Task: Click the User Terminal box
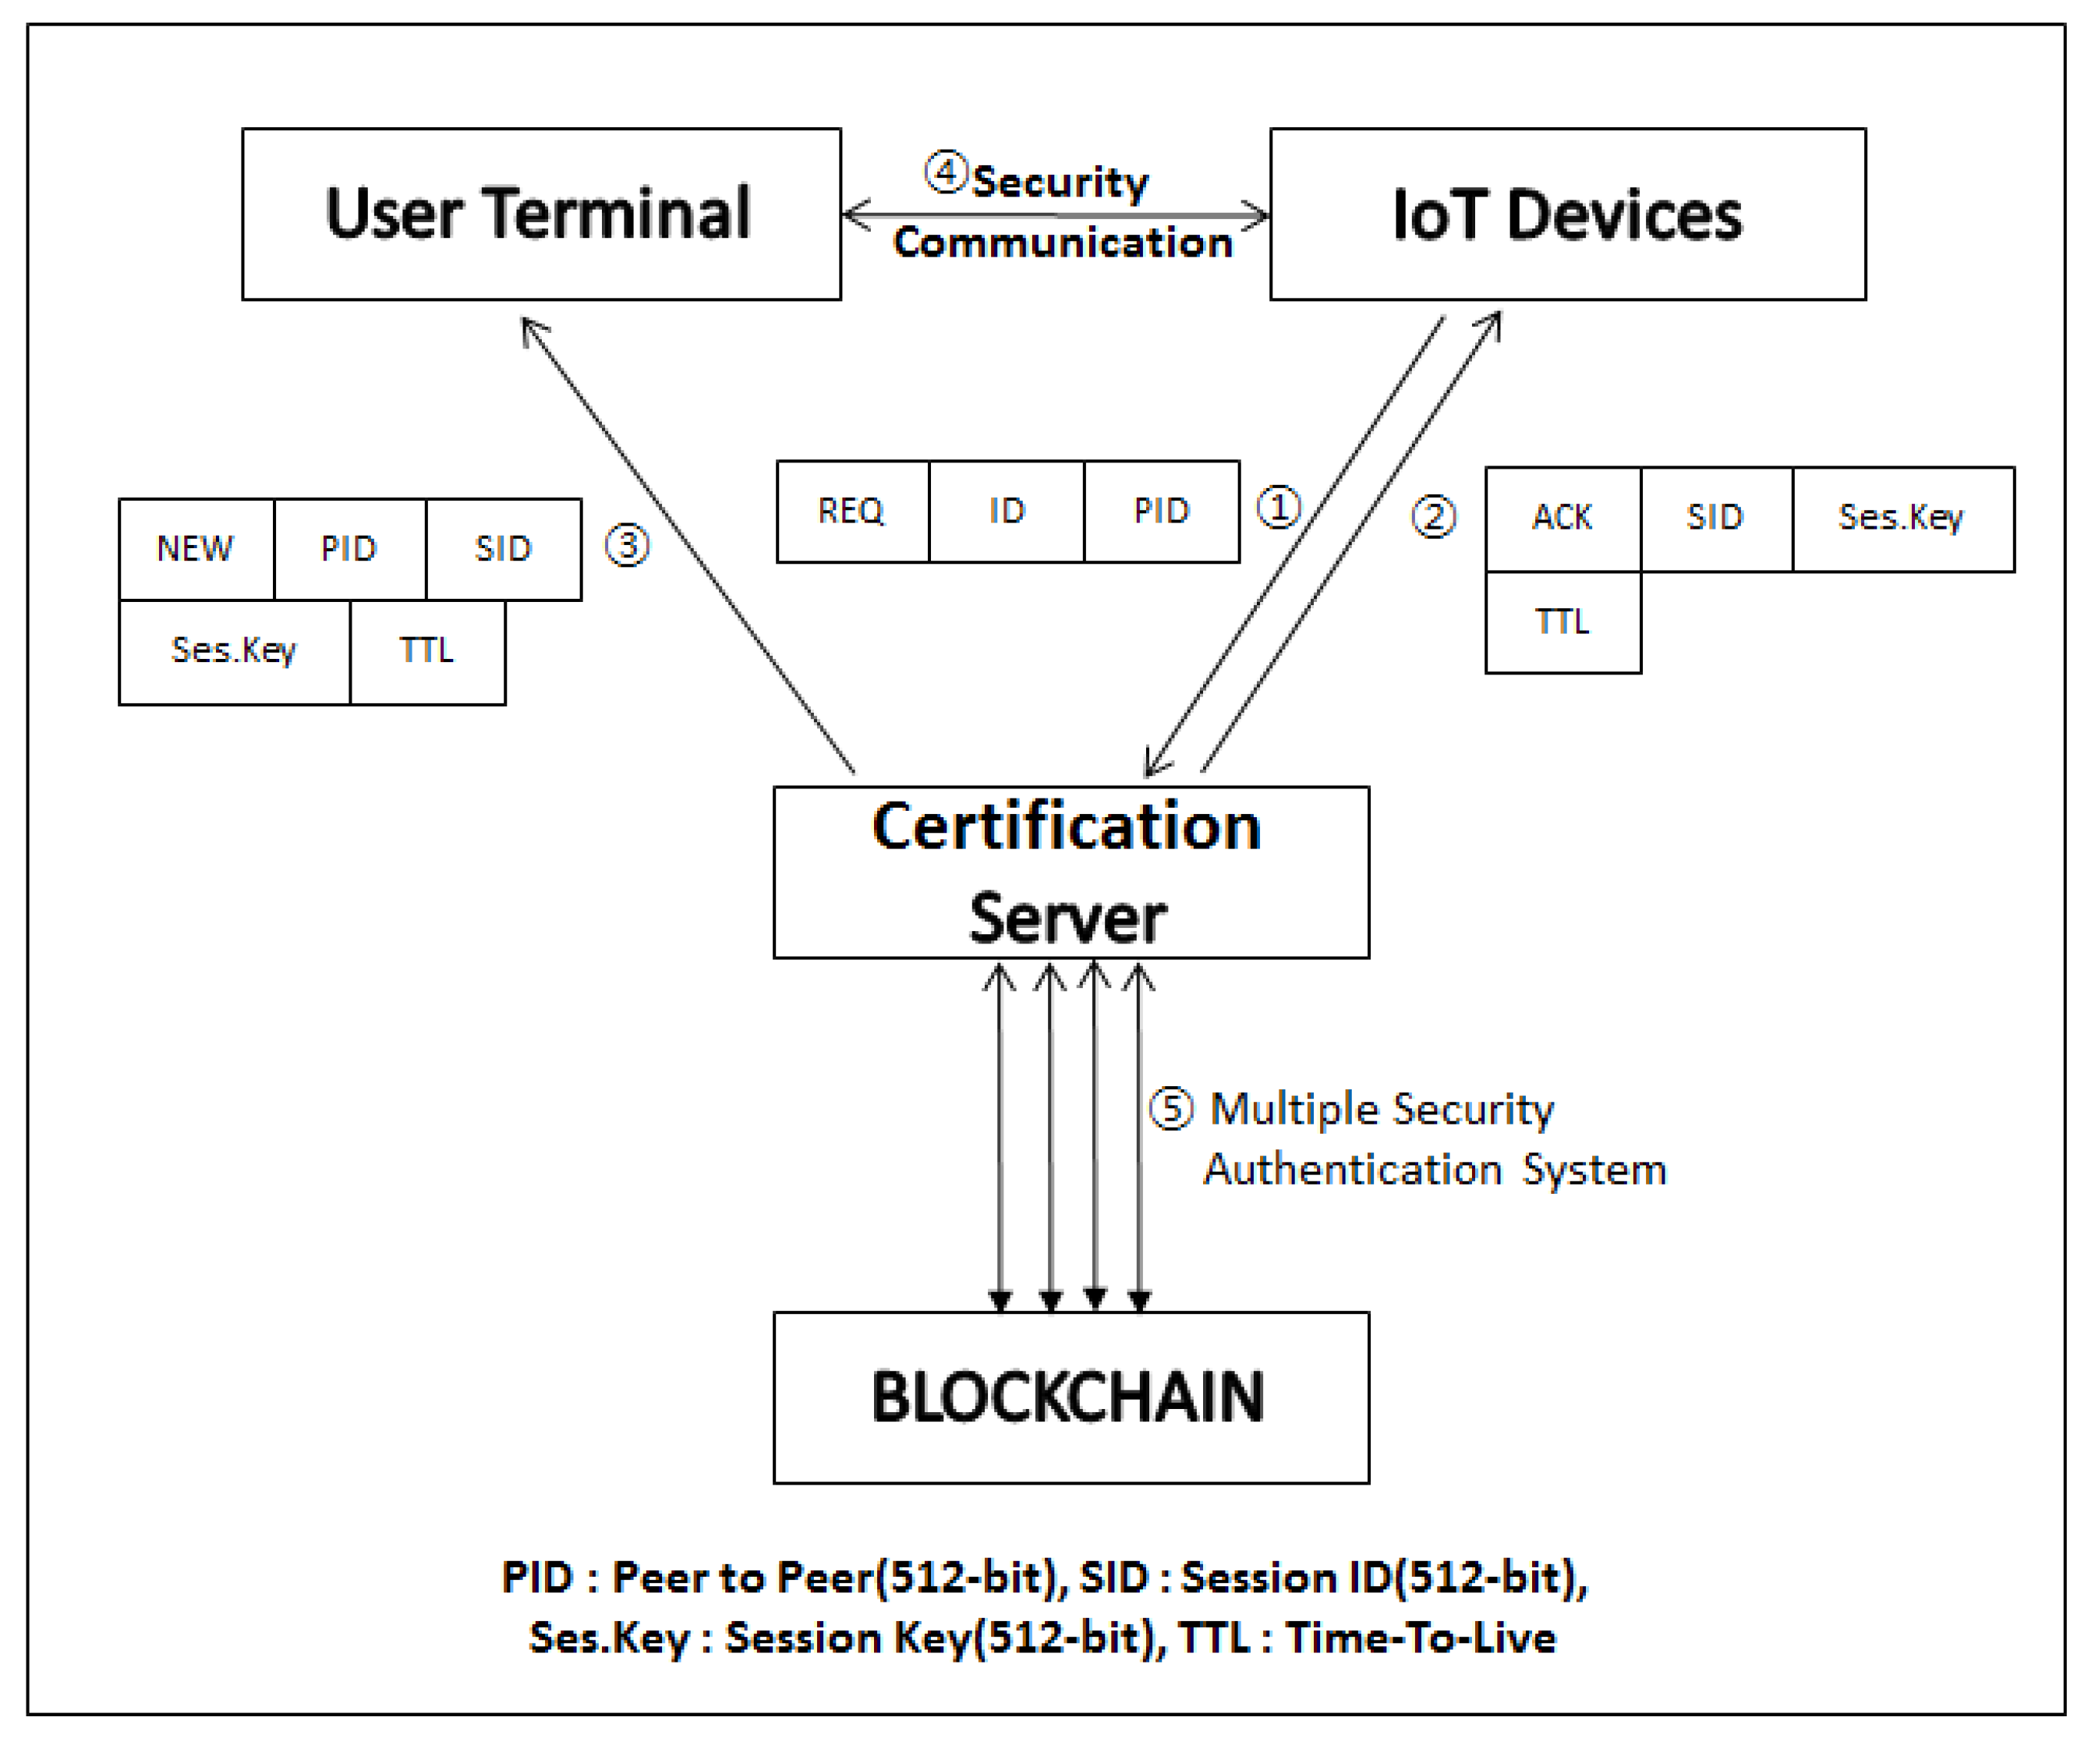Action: [x=541, y=214]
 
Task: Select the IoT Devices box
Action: [x=1567, y=214]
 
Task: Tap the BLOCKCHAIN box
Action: [x=1070, y=1397]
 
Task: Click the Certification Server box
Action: [x=1070, y=872]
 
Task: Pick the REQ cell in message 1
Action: [x=851, y=511]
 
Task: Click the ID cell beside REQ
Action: [x=1007, y=511]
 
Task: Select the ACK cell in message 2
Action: [x=1562, y=518]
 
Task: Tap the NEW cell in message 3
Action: [x=195, y=549]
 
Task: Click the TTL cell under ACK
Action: [x=1562, y=622]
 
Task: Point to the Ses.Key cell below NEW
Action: [x=234, y=651]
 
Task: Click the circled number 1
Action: [x=1279, y=507]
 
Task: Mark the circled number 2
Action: [x=1434, y=517]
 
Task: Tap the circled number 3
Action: [x=628, y=546]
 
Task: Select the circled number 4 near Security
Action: [x=946, y=172]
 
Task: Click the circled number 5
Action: [x=1171, y=1109]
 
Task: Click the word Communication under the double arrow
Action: [x=1062, y=243]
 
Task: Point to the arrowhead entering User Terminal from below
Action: [x=527, y=324]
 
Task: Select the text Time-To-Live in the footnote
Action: [x=1420, y=1638]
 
